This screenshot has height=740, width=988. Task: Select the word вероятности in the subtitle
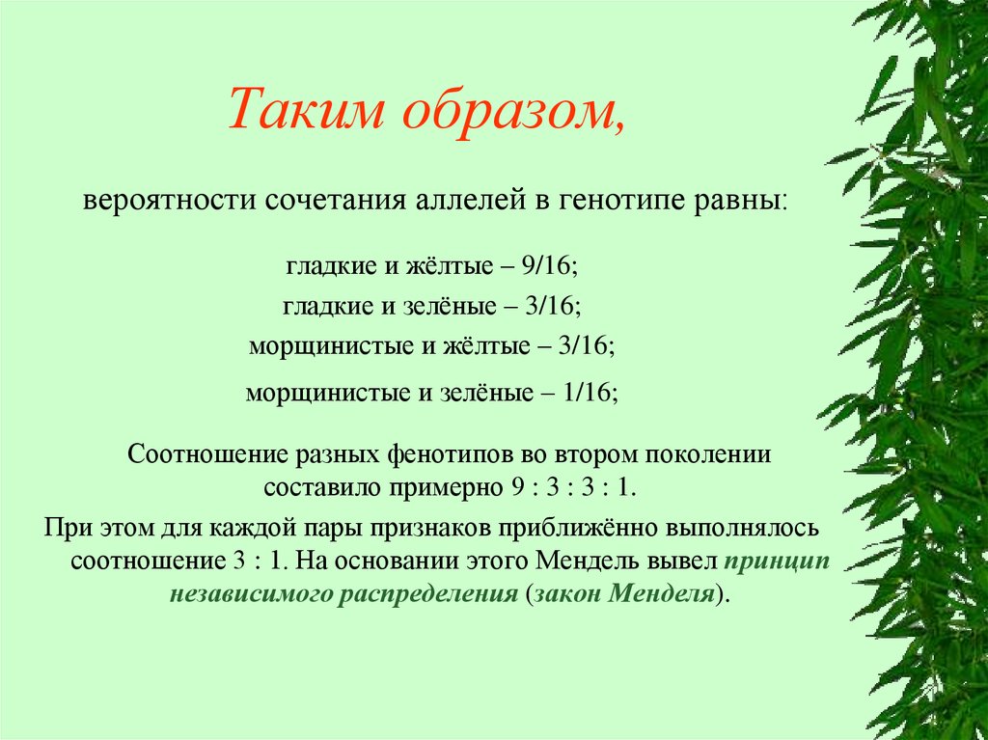162,203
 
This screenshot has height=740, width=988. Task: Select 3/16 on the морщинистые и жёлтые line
585,345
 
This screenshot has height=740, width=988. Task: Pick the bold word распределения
427,592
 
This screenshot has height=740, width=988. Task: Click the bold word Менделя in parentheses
666,592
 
